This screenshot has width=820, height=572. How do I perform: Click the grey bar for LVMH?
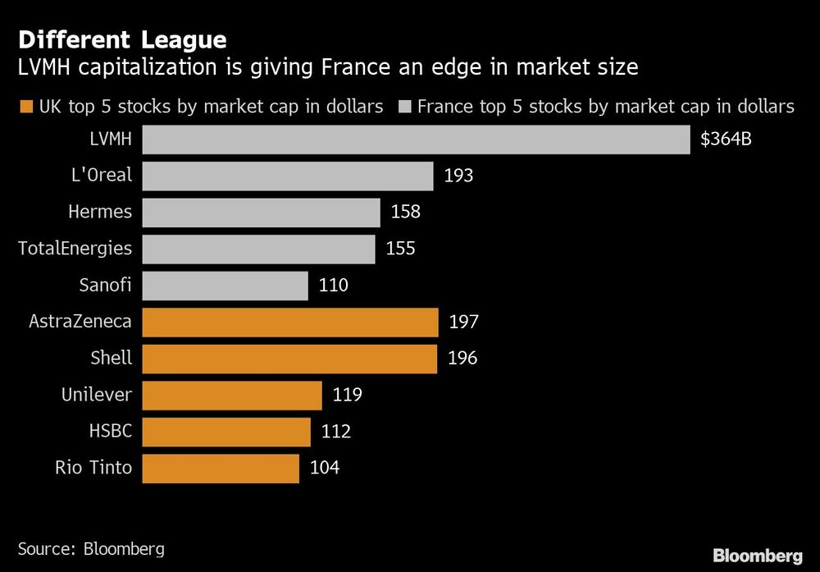click(416, 139)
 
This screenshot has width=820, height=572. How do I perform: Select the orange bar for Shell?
click(289, 359)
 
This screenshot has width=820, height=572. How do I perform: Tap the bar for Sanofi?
click(225, 286)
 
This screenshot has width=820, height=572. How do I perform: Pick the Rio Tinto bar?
click(221, 468)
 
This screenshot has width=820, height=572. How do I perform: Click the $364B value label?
click(726, 139)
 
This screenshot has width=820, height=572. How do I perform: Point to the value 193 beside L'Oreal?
click(459, 176)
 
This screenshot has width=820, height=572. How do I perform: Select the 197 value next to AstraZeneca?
click(464, 322)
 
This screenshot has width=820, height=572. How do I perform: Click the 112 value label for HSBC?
click(336, 432)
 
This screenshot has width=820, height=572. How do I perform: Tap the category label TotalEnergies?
click(75, 249)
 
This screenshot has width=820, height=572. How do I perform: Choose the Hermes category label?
click(99, 212)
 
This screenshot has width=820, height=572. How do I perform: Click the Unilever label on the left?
click(96, 395)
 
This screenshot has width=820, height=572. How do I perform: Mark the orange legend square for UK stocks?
click(25, 107)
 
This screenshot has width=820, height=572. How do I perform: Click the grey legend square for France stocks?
click(404, 107)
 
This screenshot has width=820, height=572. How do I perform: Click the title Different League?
click(122, 39)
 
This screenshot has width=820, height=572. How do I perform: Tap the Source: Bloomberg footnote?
click(91, 548)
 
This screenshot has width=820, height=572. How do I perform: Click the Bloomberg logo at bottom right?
click(757, 556)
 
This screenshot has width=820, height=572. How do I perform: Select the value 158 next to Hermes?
click(406, 212)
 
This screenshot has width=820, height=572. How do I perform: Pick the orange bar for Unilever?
click(232, 395)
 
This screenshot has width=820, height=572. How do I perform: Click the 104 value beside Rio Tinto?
click(325, 468)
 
